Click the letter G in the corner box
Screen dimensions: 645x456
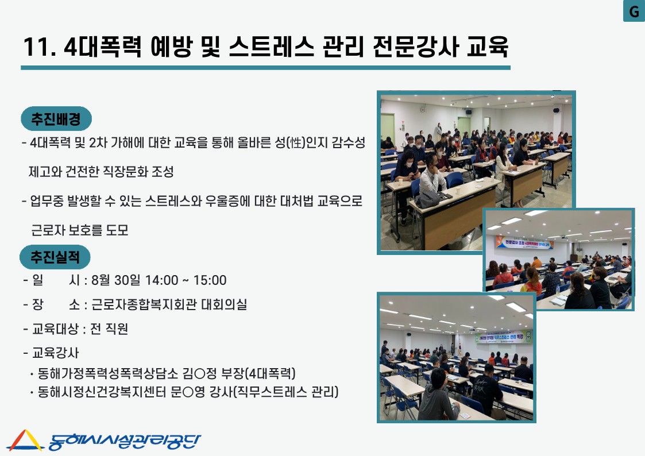(634, 11)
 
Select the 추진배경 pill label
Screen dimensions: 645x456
(56, 119)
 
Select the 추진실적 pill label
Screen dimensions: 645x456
(55, 257)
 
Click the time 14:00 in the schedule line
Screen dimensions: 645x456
(161, 280)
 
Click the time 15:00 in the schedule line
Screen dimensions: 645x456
(210, 280)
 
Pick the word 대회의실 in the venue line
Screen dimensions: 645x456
(224, 304)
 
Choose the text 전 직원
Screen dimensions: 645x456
(109, 329)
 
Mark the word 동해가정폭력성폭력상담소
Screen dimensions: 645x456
(108, 373)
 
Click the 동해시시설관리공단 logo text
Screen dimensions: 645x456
(124, 442)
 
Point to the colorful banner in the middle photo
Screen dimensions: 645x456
(524, 242)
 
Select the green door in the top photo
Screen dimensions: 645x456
(387, 128)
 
